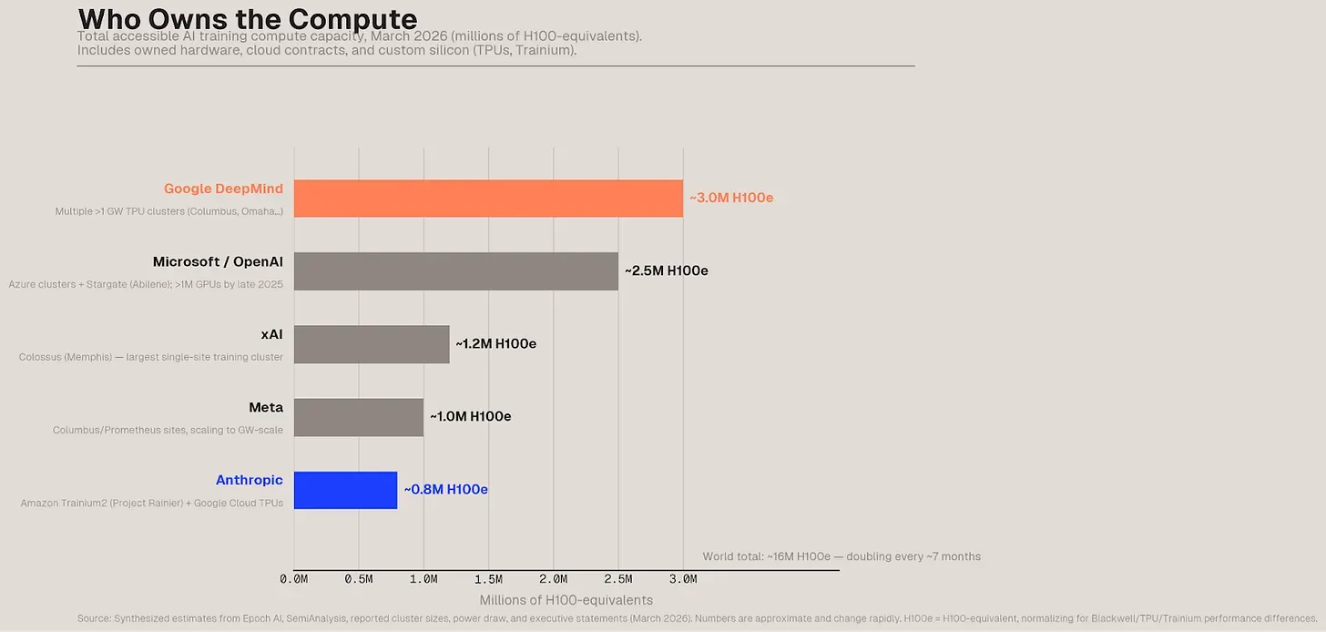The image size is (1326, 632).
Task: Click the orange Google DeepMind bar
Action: (488, 199)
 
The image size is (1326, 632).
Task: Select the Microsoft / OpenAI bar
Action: (455, 271)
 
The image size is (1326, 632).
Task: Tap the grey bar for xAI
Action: (372, 344)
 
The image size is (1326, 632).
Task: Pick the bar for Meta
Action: (359, 417)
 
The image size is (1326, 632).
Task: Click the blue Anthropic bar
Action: (345, 490)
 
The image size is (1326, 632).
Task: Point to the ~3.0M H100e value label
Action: (731, 198)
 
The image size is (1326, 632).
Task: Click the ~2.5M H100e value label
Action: (667, 270)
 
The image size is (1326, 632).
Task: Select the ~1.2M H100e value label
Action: (496, 343)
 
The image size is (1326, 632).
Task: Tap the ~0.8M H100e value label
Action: (446, 489)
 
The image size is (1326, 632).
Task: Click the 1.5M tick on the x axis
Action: (488, 579)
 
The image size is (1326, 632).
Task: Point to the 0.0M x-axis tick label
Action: (293, 579)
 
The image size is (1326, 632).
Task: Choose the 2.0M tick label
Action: (553, 579)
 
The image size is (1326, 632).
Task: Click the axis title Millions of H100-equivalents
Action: (566, 600)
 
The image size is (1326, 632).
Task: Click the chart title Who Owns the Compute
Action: (248, 18)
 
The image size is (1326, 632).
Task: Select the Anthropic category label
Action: (250, 480)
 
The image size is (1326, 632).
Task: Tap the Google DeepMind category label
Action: (223, 189)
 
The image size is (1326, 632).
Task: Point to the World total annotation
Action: (841, 556)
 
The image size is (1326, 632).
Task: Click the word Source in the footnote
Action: (94, 619)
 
